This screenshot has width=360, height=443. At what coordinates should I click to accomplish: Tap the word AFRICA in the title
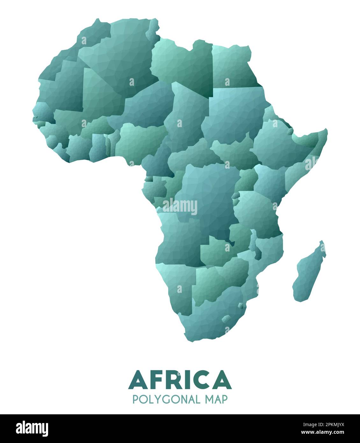click(180, 380)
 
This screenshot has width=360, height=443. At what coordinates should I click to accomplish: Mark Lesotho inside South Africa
click(227, 318)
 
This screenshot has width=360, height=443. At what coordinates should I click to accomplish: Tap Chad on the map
click(188, 115)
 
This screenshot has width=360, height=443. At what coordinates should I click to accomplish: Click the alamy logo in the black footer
click(32, 429)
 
